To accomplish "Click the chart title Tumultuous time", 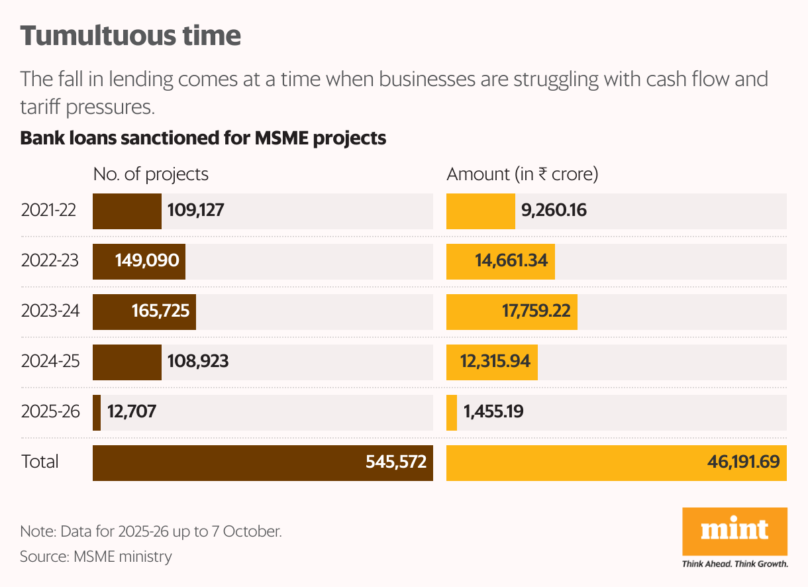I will click(x=130, y=36).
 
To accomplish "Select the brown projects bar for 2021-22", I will click(x=126, y=211).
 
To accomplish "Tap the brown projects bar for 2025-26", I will click(x=97, y=412).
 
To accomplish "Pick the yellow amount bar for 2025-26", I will click(x=452, y=412).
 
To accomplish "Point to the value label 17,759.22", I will click(x=536, y=312).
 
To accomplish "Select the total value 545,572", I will click(x=395, y=462).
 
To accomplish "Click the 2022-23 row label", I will click(x=50, y=261).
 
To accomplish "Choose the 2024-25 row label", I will click(x=50, y=362).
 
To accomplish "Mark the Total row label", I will click(x=40, y=462).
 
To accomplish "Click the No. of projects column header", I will click(x=150, y=174).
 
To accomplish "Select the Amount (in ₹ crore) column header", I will click(x=523, y=174).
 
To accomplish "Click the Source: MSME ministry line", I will click(x=96, y=557).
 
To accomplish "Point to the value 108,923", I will click(x=198, y=362).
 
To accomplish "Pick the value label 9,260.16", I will click(x=554, y=211).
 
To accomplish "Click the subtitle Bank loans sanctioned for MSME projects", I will click(x=203, y=138).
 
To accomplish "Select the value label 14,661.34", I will click(x=511, y=261).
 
